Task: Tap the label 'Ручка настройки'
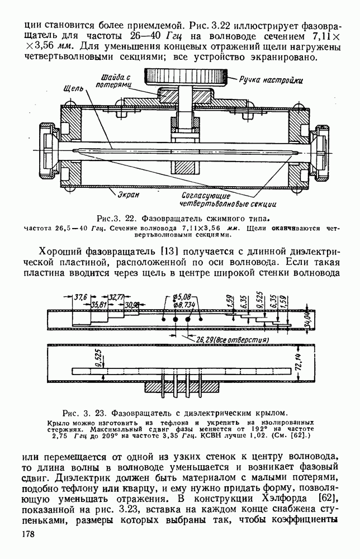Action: point(271,80)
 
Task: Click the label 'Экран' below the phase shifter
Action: point(128,195)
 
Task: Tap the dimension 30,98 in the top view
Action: point(132,305)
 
